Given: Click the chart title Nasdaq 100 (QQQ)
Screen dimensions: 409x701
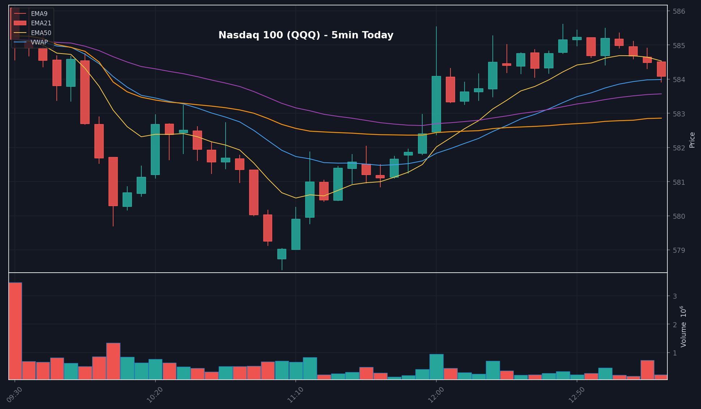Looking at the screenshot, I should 305,35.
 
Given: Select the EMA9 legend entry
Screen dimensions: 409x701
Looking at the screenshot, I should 39,14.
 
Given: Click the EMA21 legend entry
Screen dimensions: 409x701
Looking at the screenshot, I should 41,23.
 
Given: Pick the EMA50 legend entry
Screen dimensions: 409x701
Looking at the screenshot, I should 41,33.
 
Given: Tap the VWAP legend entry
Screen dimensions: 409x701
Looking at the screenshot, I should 39,42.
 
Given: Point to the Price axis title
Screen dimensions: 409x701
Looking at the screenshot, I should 692,140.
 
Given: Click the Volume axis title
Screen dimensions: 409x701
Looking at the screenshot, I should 683,327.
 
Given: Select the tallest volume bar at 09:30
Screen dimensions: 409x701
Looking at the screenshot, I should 15,331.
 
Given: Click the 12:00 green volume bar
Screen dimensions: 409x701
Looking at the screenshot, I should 436,367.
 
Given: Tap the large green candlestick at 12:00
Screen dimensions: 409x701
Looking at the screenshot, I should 436,104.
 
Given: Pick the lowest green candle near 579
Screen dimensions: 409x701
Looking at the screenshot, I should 282,254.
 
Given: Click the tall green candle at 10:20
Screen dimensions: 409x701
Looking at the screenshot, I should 155,149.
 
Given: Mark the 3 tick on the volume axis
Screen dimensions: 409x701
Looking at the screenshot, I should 675,296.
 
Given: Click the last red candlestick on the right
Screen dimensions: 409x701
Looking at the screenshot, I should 661,69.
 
